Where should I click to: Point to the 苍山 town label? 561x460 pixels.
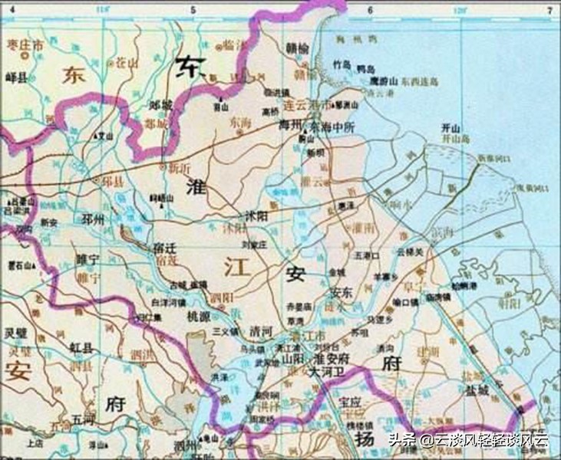pos(124,61)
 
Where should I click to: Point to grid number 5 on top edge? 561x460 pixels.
pos(193,9)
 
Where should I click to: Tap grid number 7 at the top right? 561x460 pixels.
pos(549,9)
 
